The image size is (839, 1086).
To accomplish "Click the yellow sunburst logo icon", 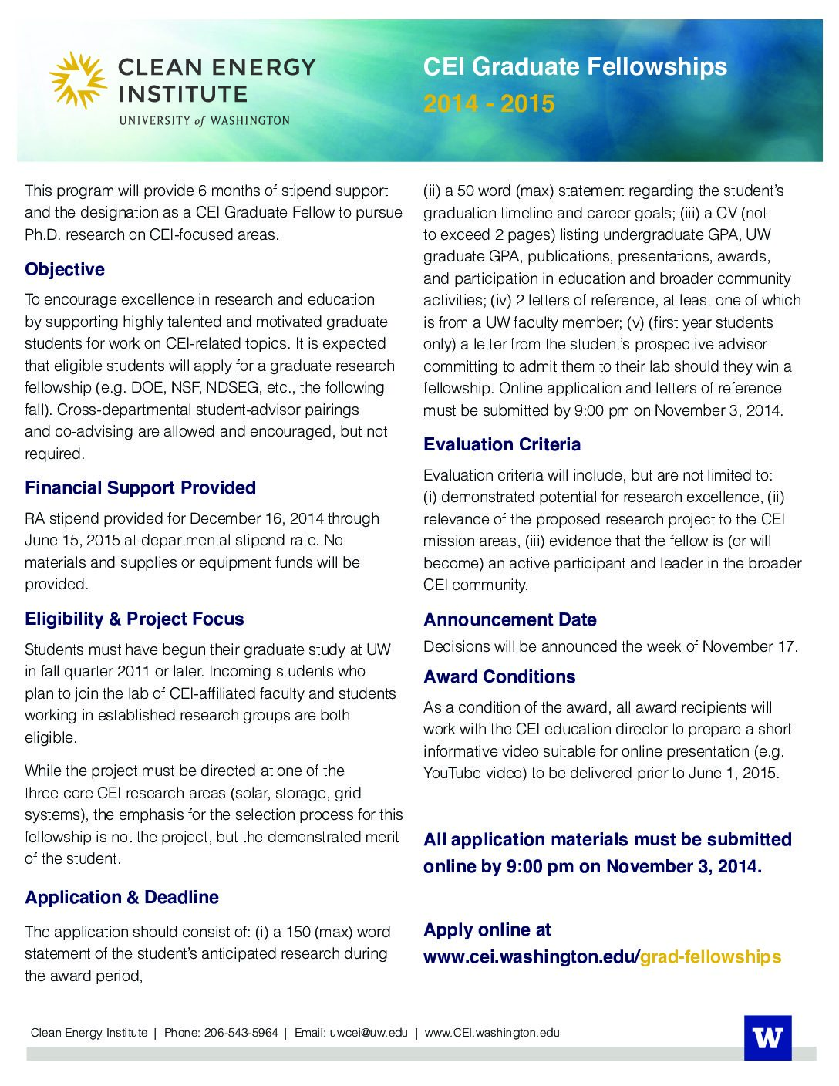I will [x=78, y=80].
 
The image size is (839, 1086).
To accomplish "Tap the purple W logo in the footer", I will [x=767, y=1037].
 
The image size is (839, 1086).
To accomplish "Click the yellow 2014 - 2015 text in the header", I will [x=488, y=103].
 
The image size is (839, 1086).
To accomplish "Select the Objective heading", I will [x=65, y=269].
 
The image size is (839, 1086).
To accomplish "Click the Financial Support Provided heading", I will [x=140, y=487].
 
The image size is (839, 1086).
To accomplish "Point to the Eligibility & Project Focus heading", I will [x=134, y=619].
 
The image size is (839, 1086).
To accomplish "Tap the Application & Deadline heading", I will [x=122, y=897].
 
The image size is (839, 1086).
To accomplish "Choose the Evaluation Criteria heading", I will [x=502, y=444].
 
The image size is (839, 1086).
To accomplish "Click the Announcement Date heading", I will [x=510, y=619].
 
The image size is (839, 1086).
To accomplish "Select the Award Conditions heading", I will [x=500, y=676].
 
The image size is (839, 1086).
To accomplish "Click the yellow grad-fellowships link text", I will [x=710, y=956].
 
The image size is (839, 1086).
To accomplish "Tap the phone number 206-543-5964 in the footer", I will [x=241, y=1033].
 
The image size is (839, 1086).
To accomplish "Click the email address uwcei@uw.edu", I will [x=368, y=1033].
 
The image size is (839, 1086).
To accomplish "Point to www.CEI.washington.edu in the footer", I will [x=492, y=1033].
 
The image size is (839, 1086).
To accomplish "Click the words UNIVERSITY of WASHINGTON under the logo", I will [x=204, y=120].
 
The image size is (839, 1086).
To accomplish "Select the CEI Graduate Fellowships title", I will [x=574, y=66].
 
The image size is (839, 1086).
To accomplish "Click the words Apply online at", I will [x=487, y=929].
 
